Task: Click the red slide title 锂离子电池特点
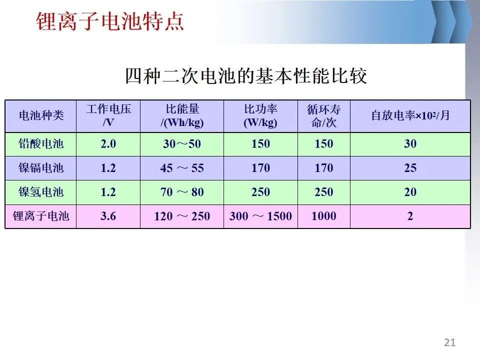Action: coord(110,21)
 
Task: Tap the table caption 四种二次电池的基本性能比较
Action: coord(246,75)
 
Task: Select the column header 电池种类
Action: coord(41,115)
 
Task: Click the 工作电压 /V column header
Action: coord(108,115)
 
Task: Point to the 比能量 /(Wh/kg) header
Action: coord(182,115)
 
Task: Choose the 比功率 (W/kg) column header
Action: coord(260,115)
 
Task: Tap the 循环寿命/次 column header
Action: coord(324,115)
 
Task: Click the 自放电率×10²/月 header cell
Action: coord(410,115)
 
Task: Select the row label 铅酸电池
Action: coord(41,143)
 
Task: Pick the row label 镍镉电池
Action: coord(41,168)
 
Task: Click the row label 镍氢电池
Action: coord(41,192)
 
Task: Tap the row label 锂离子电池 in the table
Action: coord(41,216)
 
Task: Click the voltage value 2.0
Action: coord(108,143)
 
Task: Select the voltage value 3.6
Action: coord(108,216)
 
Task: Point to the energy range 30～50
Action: coord(182,144)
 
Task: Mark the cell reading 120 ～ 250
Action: coord(182,216)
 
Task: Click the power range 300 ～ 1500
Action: coord(260,216)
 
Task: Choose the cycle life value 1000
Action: coord(324,216)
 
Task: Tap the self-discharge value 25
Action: coord(410,168)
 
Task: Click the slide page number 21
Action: coord(449,342)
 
